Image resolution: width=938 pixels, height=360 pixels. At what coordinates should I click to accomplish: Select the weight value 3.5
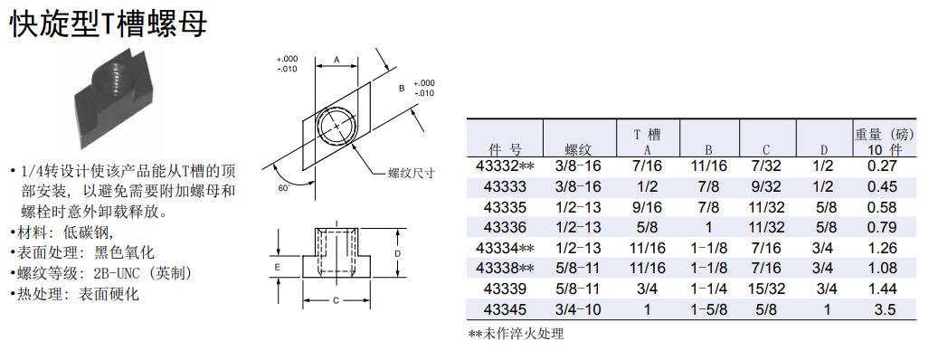pos(882,309)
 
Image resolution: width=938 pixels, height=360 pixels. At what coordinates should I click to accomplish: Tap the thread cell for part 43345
pos(577,309)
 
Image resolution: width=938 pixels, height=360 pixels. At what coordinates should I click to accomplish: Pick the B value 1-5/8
pos(709,309)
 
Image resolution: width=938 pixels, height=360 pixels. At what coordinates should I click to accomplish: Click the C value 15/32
pos(766,289)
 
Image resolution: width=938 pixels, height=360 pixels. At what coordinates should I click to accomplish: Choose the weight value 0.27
pos(882,166)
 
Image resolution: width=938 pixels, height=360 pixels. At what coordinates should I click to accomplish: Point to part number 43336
pos(506,227)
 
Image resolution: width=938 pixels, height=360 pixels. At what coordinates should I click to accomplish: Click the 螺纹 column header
pos(577,149)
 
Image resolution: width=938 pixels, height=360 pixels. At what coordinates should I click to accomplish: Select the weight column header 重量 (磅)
pos(884,134)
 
